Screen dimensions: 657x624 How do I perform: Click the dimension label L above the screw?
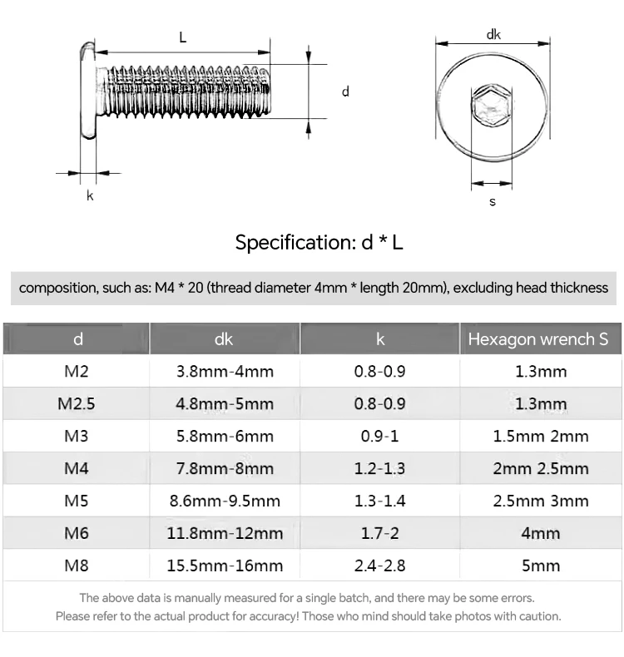[182, 37]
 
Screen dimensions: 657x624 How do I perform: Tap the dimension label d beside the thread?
[345, 91]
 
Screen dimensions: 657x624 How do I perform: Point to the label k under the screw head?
[90, 196]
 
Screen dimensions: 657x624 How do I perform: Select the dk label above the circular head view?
[493, 34]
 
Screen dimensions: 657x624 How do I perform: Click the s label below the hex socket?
[493, 202]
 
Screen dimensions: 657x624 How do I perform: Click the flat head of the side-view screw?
[87, 91]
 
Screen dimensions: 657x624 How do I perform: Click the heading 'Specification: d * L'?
[319, 243]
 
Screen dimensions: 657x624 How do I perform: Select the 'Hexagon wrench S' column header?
[538, 339]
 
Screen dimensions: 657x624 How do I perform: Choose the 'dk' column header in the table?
[224, 339]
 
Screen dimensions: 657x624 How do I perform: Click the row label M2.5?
[77, 404]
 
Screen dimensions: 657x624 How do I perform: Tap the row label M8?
[77, 566]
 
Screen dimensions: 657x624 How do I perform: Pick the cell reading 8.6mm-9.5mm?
[225, 501]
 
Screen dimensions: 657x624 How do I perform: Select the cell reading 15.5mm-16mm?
[225, 566]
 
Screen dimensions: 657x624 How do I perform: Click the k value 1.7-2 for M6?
[379, 533]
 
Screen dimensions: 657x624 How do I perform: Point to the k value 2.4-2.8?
[379, 566]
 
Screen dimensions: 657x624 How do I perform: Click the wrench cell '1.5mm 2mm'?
[540, 437]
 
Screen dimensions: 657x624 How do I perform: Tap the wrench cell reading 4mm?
[540, 533]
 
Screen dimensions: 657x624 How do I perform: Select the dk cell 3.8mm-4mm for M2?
[225, 372]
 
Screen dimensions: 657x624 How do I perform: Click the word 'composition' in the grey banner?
[55, 288]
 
